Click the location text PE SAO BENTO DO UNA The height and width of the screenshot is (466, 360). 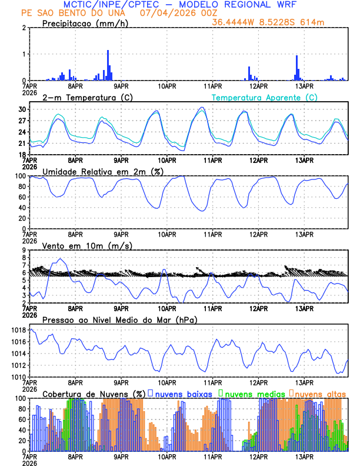tap(71, 13)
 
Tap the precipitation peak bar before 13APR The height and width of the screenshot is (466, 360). tap(296, 68)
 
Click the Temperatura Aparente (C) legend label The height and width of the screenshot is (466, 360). tap(264, 98)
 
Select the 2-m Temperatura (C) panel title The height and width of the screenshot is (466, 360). tap(88, 98)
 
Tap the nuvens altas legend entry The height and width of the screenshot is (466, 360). tap(317, 394)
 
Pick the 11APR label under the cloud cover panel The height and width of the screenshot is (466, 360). tap(213, 457)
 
